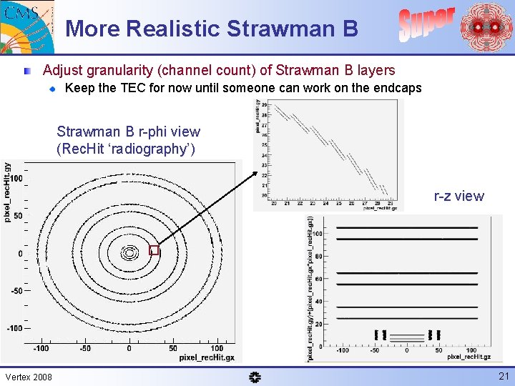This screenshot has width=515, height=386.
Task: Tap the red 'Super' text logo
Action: point(426,24)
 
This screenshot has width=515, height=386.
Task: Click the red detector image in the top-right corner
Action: point(486,27)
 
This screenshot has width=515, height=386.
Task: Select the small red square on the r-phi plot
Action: point(154,250)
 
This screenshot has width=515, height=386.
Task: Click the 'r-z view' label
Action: point(458,196)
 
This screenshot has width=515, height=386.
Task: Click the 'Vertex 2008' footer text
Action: point(29,377)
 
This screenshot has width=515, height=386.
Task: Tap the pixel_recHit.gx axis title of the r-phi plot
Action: point(207,356)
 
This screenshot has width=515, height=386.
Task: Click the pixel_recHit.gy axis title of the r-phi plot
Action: point(8,192)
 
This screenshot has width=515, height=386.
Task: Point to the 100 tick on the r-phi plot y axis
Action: point(15,177)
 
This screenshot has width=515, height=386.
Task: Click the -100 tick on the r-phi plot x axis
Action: point(41,348)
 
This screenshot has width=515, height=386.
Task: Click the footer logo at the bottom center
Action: point(256,377)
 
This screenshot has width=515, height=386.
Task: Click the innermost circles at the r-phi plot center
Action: point(129,252)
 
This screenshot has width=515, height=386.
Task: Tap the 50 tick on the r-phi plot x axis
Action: point(173,348)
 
